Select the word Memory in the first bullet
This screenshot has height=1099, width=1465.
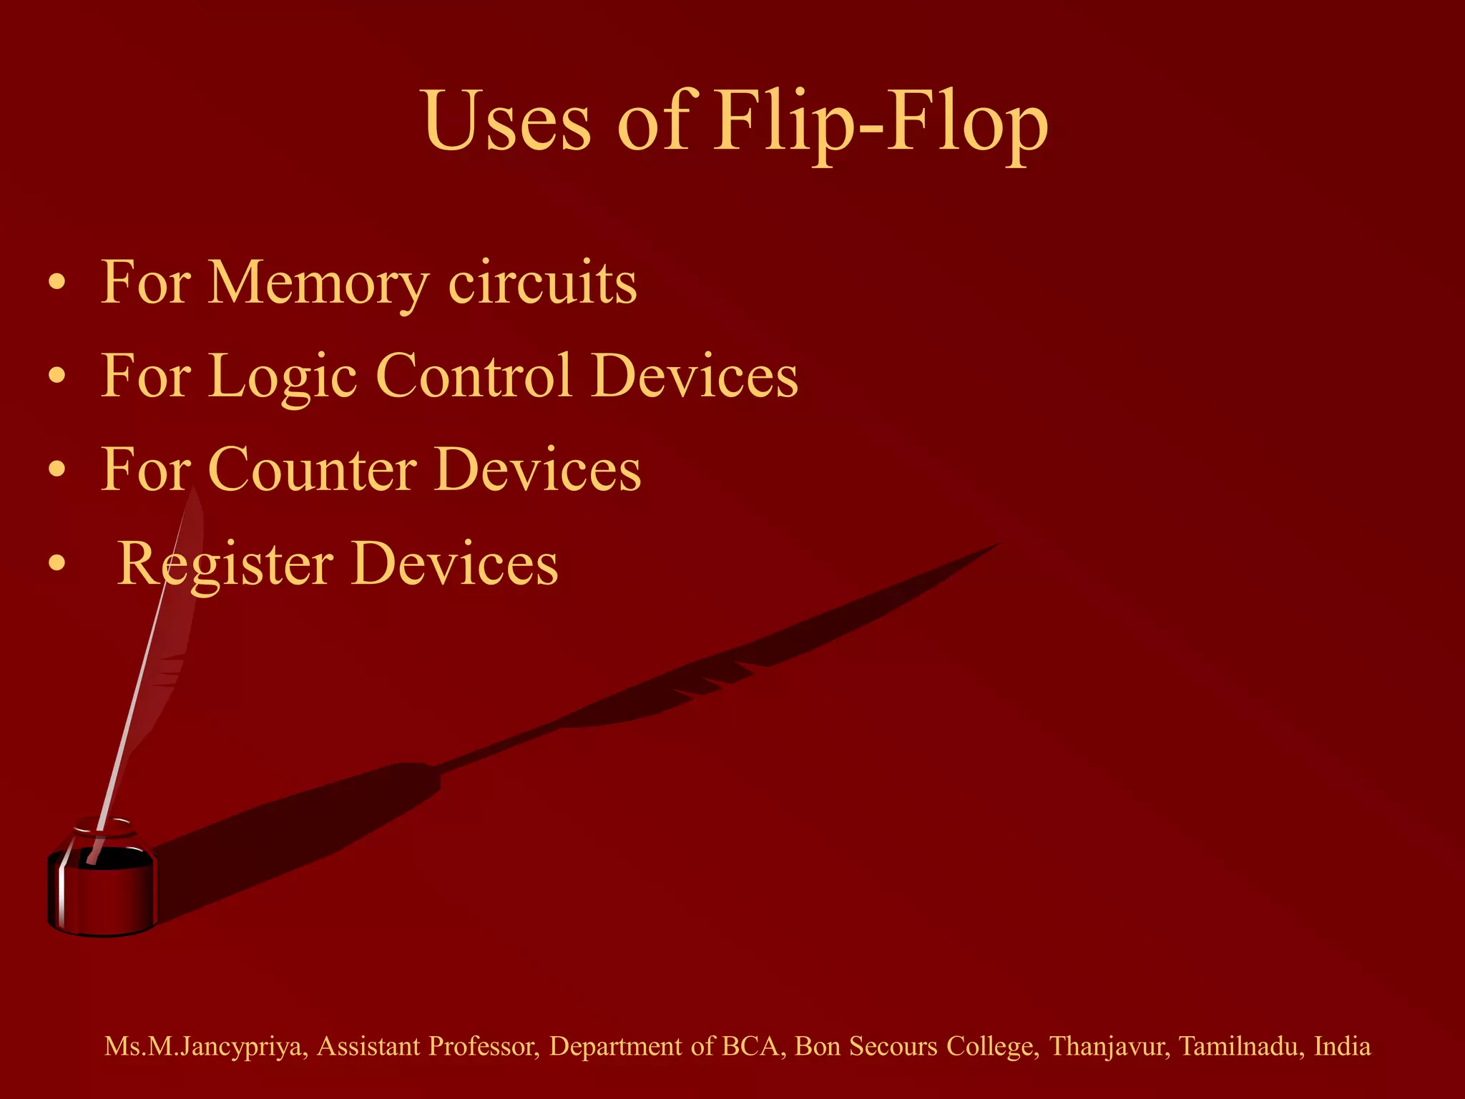[318, 283]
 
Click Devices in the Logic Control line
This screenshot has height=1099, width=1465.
[695, 376]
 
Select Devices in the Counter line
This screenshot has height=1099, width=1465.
[538, 470]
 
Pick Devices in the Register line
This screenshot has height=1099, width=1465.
[455, 564]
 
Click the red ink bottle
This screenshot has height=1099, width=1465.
[102, 887]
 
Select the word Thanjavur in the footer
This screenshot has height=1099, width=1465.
[1109, 1047]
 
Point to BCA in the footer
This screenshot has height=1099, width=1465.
[750, 1047]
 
